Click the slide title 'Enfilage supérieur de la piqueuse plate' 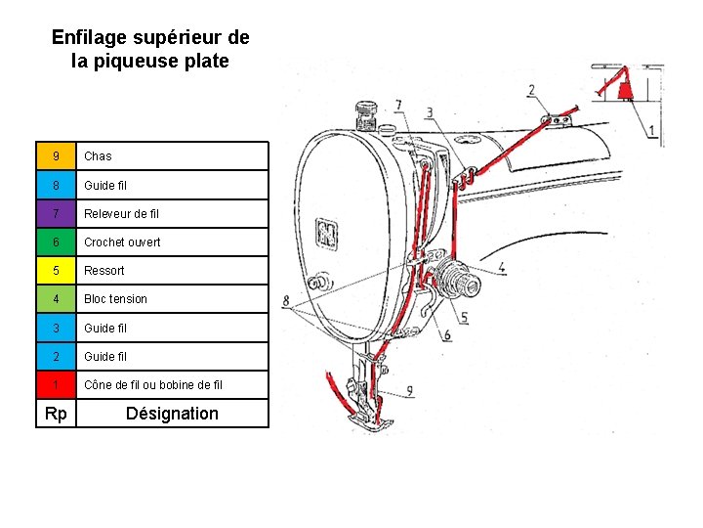(150, 49)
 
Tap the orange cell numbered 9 (57, 156)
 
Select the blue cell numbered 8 (57, 185)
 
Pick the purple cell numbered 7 (57, 213)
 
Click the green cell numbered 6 (57, 242)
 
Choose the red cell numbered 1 (57, 384)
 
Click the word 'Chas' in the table (98, 156)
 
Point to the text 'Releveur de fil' (121, 213)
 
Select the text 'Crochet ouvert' (122, 242)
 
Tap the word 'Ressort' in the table (104, 270)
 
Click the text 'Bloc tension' (115, 299)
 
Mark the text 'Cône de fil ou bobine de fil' (153, 384)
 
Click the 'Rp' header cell (57, 414)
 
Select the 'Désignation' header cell (172, 414)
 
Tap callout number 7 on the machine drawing (398, 106)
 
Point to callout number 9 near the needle (409, 391)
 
